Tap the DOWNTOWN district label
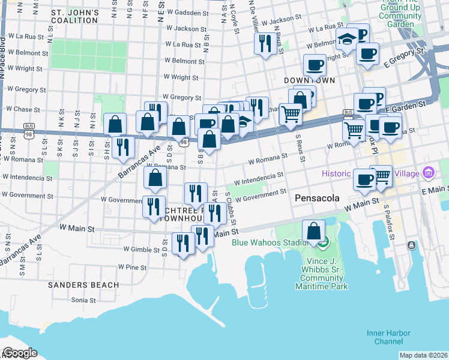pyautogui.click(x=309, y=80)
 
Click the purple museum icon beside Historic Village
pyautogui.click(x=428, y=173)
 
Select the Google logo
pyautogui.click(x=19, y=353)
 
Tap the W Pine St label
pyautogui.click(x=132, y=266)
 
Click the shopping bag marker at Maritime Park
pyautogui.click(x=313, y=231)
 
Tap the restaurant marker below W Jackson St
pyautogui.click(x=264, y=43)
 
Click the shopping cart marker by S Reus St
pyautogui.click(x=291, y=113)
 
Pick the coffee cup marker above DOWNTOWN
pyautogui.click(x=314, y=65)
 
